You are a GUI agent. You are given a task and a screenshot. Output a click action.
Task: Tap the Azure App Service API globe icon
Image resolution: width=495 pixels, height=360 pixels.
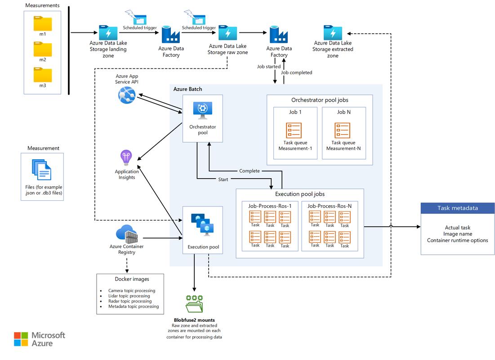[127, 95]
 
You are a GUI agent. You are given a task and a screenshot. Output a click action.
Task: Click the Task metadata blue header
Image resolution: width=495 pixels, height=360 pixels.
[457, 208]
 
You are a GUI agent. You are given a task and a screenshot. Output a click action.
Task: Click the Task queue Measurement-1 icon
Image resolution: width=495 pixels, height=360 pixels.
[294, 130]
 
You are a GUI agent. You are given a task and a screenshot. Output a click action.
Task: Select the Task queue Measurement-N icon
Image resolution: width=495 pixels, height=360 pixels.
[342, 130]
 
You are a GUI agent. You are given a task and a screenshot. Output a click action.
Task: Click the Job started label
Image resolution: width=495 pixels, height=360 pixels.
[269, 67]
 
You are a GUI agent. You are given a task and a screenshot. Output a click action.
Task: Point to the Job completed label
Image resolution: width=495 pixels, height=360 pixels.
[296, 72]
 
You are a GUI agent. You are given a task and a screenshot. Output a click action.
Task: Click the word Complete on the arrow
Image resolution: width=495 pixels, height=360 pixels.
[249, 171]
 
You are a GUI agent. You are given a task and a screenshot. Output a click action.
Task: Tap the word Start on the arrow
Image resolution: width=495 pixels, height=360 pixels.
[223, 180]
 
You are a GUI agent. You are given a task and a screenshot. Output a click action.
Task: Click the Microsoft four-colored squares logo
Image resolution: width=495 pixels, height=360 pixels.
[21, 339]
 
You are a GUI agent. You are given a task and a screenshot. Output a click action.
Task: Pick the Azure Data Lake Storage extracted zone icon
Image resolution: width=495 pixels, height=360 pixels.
[333, 33]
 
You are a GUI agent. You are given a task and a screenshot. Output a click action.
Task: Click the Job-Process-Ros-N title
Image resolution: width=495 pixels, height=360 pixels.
[329, 206]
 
